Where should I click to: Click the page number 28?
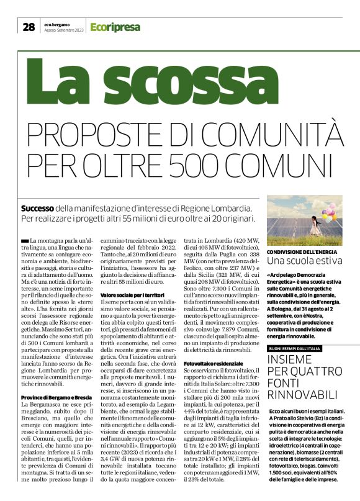pos(29,27)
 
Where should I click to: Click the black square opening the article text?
pos(24,240)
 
